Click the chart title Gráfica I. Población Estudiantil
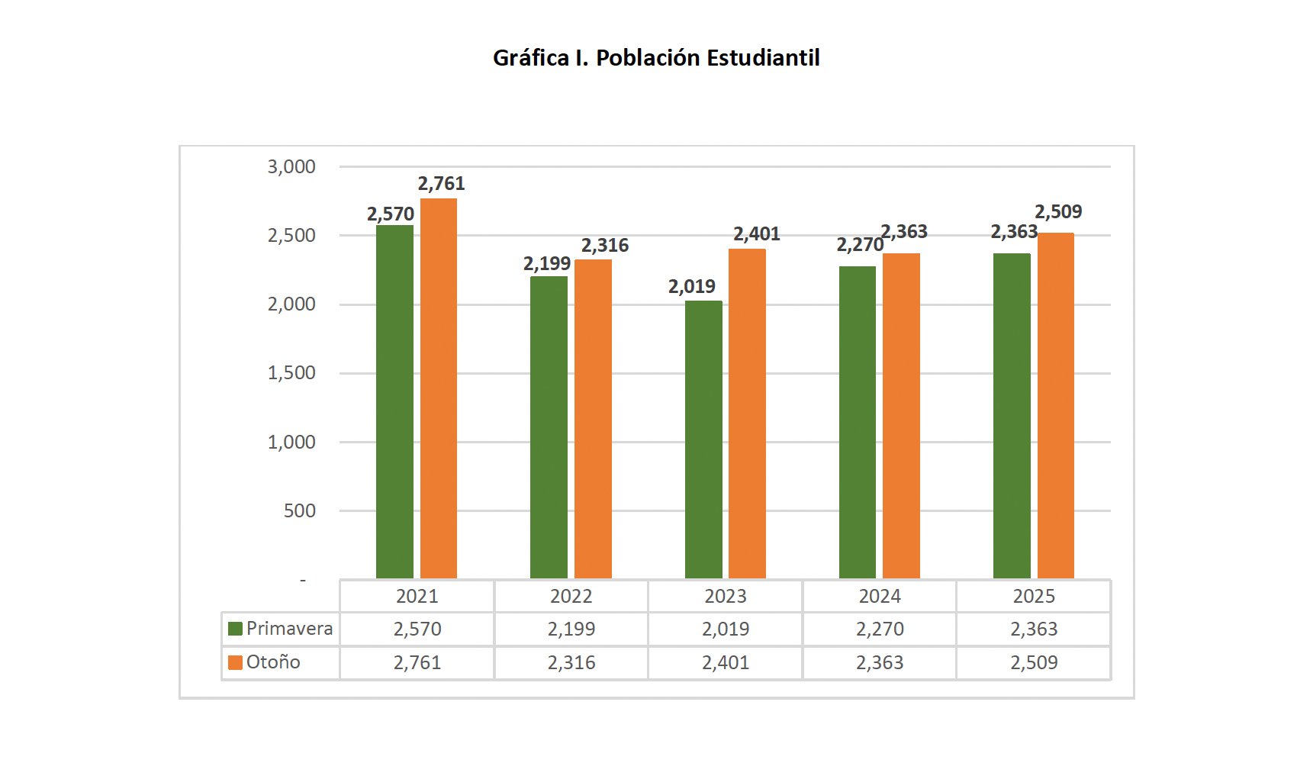(x=656, y=58)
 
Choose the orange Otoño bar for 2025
(x=1056, y=405)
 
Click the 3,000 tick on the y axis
(x=291, y=167)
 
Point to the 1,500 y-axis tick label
(x=291, y=373)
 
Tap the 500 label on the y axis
(x=300, y=511)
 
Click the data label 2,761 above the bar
(x=441, y=184)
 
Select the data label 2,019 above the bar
(x=692, y=287)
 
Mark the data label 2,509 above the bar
(x=1058, y=212)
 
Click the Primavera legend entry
(x=281, y=629)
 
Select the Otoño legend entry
(x=265, y=662)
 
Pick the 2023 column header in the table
(x=726, y=597)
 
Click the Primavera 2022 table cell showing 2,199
(x=571, y=629)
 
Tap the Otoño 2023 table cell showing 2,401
(x=726, y=663)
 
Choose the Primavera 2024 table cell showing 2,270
(x=880, y=629)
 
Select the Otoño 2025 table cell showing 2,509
(x=1034, y=663)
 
